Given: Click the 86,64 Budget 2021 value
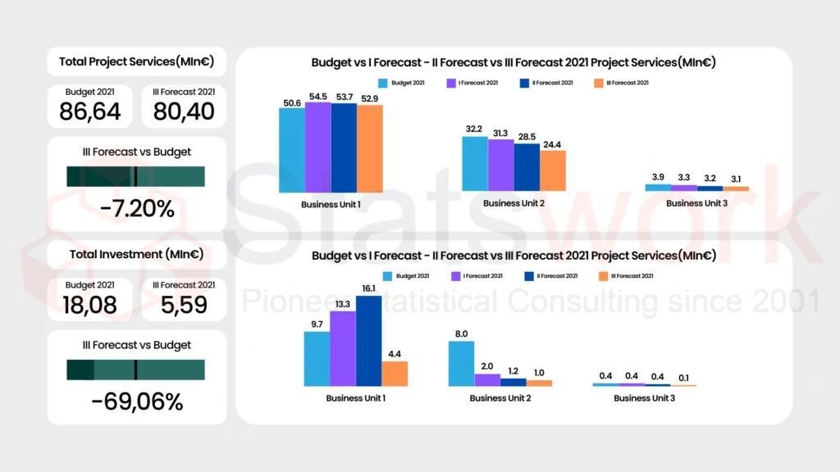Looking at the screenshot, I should click(x=90, y=111).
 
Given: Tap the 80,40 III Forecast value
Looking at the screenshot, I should click(x=184, y=111).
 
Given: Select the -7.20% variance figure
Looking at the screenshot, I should click(x=137, y=209).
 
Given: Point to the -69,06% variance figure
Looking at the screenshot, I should click(x=137, y=402).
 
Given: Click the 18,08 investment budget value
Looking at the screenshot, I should click(x=90, y=305).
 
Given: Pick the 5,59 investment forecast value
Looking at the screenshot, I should click(x=184, y=305).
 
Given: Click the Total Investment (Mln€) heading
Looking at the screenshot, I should click(x=137, y=254).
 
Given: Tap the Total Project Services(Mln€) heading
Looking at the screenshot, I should click(x=137, y=61).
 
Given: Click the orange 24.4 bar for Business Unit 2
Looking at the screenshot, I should click(x=553, y=170).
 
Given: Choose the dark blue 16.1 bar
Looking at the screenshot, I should click(x=369, y=341).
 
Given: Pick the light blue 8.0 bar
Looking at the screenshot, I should click(x=461, y=363).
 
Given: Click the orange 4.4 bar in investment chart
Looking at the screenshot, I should click(x=395, y=374).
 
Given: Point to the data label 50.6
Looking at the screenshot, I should click(x=291, y=102).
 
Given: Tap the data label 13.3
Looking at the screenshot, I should click(x=343, y=305).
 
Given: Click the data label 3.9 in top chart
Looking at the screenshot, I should click(x=658, y=178).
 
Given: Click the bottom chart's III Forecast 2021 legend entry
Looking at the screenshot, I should click(x=628, y=276).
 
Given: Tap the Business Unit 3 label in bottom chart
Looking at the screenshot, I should click(x=645, y=398).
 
